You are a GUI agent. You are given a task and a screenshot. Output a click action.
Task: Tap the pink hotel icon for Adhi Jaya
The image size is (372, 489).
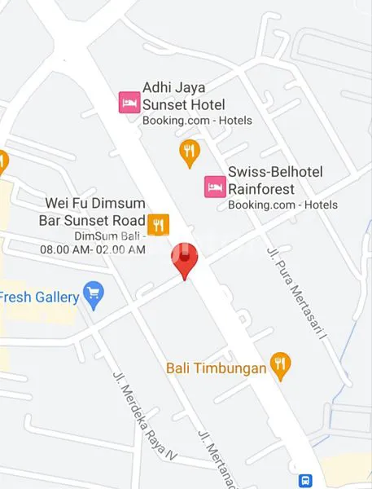129,102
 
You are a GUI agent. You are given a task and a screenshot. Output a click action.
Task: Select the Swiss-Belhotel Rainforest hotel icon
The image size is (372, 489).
214,187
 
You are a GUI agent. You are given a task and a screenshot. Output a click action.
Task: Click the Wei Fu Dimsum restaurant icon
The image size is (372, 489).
158,222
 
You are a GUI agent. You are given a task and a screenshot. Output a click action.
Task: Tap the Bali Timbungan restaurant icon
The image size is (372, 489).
281,366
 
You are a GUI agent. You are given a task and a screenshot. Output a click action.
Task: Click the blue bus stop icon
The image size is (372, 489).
305,482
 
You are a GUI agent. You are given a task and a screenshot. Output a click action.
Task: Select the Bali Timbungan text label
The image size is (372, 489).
217,368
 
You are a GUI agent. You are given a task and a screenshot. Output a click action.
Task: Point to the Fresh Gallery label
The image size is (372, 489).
39,297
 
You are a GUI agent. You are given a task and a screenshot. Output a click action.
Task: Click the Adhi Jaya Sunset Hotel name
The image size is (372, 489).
184,95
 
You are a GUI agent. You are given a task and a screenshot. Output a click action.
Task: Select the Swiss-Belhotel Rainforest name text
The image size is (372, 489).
275,180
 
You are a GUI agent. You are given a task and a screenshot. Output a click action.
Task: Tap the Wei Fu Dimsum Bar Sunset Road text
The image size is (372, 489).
92,212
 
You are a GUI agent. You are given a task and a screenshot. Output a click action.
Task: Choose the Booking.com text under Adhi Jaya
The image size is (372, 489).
197,121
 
